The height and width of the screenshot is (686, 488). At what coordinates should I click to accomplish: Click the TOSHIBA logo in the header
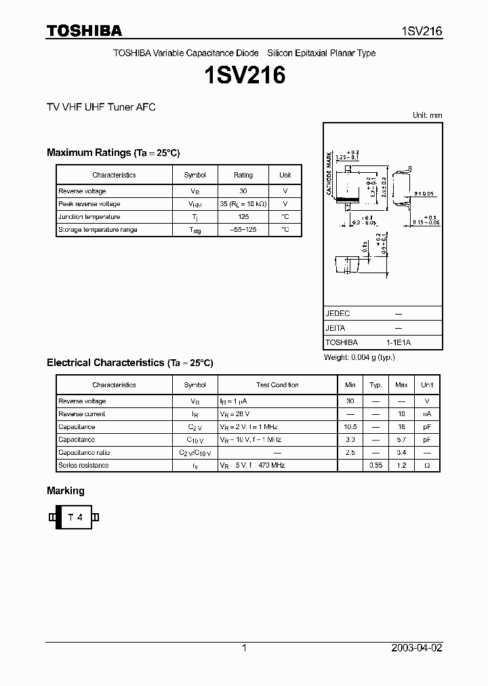[x=84, y=31]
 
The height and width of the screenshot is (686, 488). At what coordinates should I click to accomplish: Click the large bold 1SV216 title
[x=244, y=75]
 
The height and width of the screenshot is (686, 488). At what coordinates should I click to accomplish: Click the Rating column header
[x=243, y=175]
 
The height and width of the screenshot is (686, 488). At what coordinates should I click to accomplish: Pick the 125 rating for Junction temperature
[x=243, y=217]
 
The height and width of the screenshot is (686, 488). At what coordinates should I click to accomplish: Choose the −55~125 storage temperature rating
[x=243, y=230]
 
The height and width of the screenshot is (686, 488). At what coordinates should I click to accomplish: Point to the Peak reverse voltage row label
[x=89, y=204]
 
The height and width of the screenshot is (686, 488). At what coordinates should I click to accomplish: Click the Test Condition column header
[x=277, y=385]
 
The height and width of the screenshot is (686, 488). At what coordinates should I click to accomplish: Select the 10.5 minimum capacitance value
[x=350, y=427]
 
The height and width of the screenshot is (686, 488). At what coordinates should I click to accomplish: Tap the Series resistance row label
[x=83, y=466]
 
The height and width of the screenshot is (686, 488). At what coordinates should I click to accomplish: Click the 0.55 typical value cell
[x=375, y=466]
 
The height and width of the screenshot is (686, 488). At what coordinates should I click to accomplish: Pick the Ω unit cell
[x=427, y=466]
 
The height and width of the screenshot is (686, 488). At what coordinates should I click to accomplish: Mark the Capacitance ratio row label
[x=86, y=453]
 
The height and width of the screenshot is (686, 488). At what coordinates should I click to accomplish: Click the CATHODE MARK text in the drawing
[x=329, y=174]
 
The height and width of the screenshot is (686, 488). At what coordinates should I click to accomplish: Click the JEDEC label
[x=338, y=314]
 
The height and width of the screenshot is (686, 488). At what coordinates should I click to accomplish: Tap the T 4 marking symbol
[x=75, y=517]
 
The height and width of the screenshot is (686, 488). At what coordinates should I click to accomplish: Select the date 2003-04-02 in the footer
[x=417, y=648]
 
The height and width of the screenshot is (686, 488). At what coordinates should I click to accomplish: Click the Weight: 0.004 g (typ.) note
[x=359, y=357]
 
